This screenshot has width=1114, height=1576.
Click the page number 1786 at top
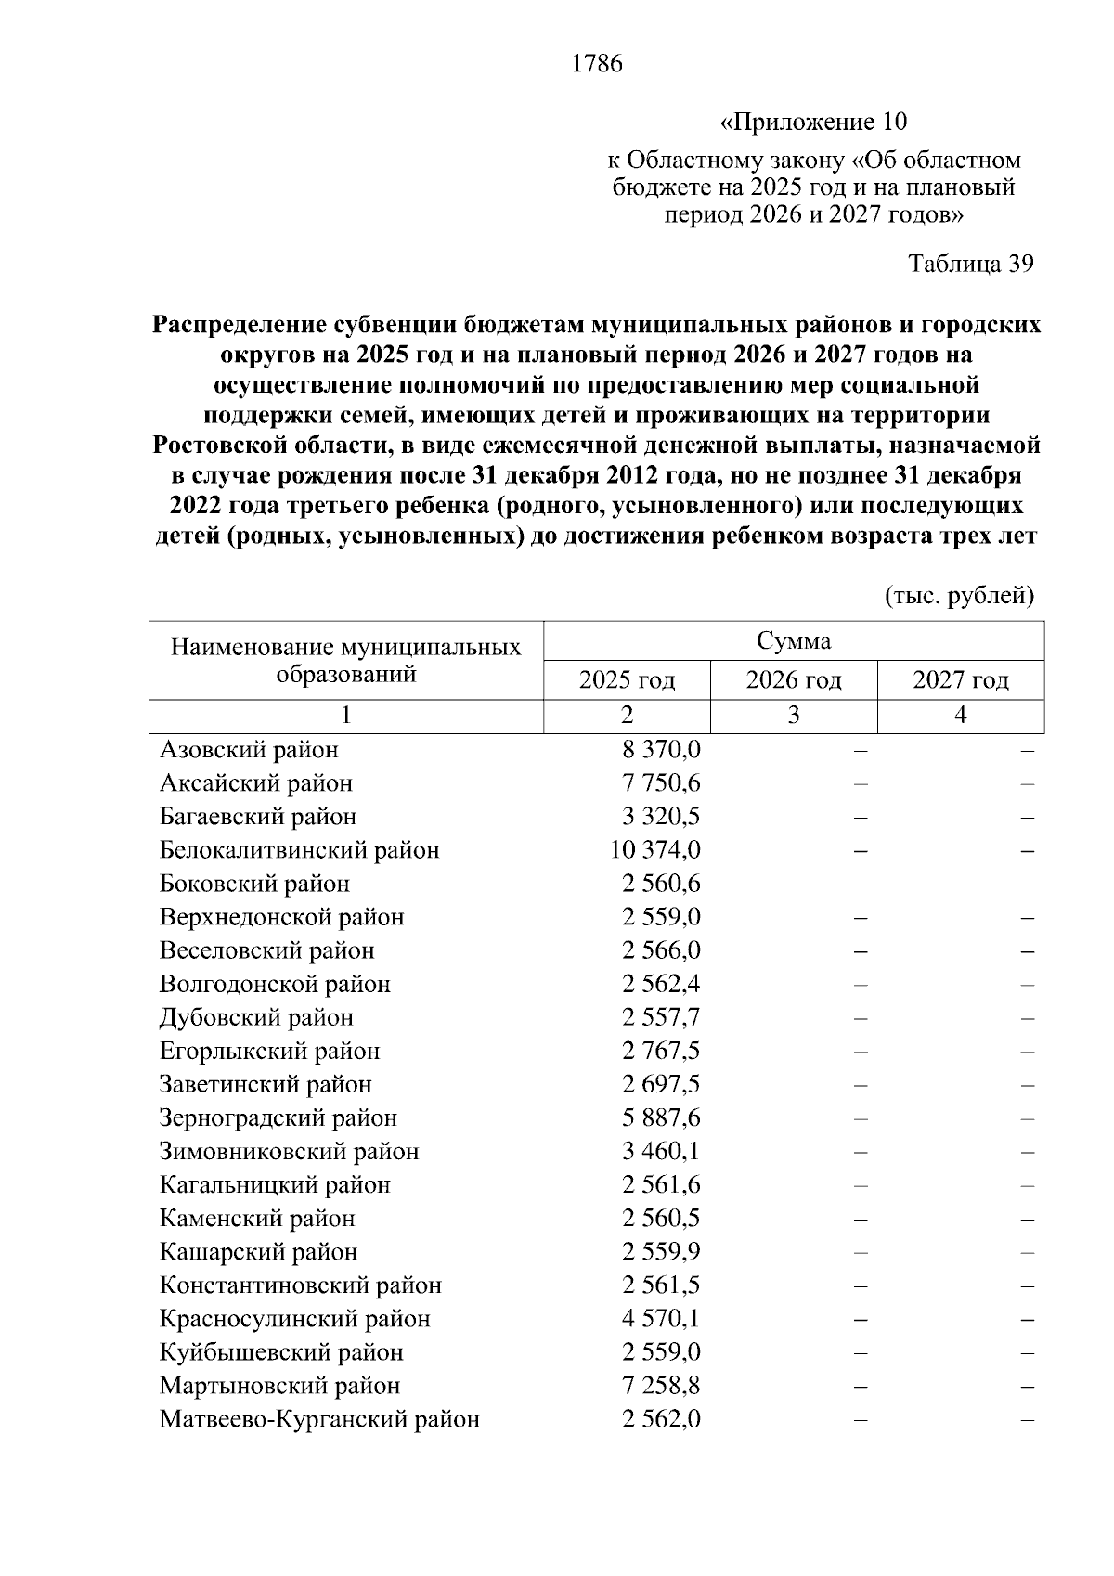[x=597, y=64]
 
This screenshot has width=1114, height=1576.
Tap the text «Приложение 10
[x=813, y=122]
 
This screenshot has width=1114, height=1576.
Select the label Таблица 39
[x=970, y=265]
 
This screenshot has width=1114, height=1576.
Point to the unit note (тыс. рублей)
[x=959, y=595]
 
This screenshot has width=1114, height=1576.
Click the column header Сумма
[x=794, y=641]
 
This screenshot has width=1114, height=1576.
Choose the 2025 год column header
[x=627, y=680]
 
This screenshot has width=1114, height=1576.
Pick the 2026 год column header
[x=794, y=680]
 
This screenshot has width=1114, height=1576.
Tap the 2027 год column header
[x=961, y=680]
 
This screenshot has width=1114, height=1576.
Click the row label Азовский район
[x=249, y=749]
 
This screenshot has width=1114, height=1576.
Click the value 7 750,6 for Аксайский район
[x=661, y=782]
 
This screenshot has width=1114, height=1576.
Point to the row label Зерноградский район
[x=278, y=1117]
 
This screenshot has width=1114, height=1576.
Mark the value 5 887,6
[x=661, y=1117]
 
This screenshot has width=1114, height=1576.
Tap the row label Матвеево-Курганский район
[x=319, y=1419]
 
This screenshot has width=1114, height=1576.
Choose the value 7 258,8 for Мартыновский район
[x=661, y=1386]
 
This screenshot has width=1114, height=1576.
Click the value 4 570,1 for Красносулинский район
[x=661, y=1319]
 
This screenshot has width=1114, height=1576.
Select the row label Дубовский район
[x=256, y=1017]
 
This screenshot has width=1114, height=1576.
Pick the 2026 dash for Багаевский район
[x=861, y=818]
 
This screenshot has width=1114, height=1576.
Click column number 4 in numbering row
[x=961, y=716]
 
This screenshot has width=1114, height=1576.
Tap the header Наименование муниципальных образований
[x=345, y=660]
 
